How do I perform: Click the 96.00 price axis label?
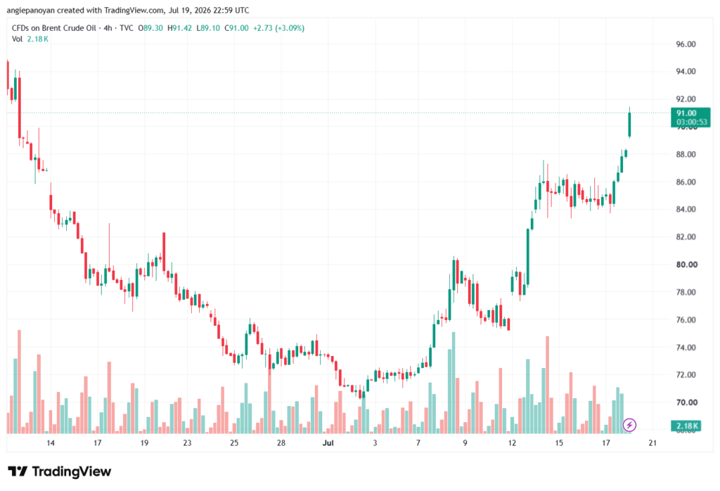pyautogui.click(x=686, y=44)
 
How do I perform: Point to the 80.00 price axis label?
pyautogui.click(x=686, y=264)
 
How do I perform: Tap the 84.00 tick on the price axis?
pyautogui.click(x=686, y=209)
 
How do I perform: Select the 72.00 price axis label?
pyautogui.click(x=686, y=375)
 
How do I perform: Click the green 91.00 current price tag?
pyautogui.click(x=690, y=117)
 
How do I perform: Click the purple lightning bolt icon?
pyautogui.click(x=629, y=425)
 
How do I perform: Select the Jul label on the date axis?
pyautogui.click(x=328, y=442)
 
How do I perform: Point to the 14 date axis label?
pyautogui.click(x=51, y=442)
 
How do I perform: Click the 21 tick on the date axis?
pyautogui.click(x=652, y=442)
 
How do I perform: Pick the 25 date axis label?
pyautogui.click(x=234, y=442)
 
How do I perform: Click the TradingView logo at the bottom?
pyautogui.click(x=60, y=471)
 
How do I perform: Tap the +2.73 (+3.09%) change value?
pyautogui.click(x=278, y=28)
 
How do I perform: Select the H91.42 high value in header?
pyautogui.click(x=179, y=28)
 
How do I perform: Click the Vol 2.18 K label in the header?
pyautogui.click(x=30, y=39)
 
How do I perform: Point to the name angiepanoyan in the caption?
pyautogui.click(x=30, y=10)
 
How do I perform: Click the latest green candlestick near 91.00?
pyautogui.click(x=629, y=124)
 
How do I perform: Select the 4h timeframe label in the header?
pyautogui.click(x=108, y=28)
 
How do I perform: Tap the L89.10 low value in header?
pyautogui.click(x=208, y=28)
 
